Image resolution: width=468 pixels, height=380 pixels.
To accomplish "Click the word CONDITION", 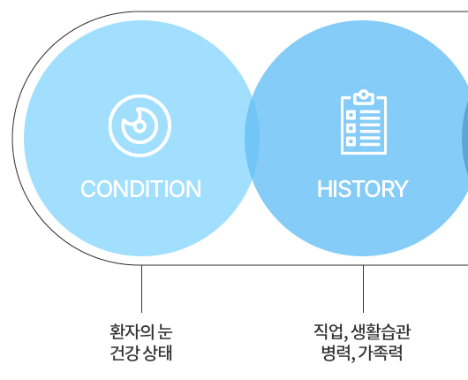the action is pos(141,189).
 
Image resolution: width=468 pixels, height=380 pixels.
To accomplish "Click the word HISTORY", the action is pos(363,189).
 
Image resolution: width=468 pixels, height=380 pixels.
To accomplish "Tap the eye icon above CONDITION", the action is pos(140,125).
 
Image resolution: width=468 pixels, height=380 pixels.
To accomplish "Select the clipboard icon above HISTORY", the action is pos(364,122).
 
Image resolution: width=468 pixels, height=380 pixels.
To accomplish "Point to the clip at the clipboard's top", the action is pos(364,97).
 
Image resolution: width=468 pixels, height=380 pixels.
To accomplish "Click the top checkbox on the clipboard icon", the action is pos(351,115).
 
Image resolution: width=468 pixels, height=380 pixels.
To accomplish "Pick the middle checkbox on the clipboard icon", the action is pos(351,128).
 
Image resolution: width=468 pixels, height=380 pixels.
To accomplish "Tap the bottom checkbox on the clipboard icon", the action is pos(351,141).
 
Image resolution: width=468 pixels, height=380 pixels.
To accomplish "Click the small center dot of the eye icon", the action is pos(140,126).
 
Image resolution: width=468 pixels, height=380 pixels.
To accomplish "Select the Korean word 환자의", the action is pos(130,331).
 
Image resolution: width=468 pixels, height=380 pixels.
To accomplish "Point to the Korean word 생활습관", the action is pos(381,331).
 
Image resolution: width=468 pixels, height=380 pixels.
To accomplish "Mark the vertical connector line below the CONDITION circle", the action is pos(142,289).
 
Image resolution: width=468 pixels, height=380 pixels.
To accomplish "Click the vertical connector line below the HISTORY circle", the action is pos(363,289).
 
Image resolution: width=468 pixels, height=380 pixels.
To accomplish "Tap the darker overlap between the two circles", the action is pos(252,138).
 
